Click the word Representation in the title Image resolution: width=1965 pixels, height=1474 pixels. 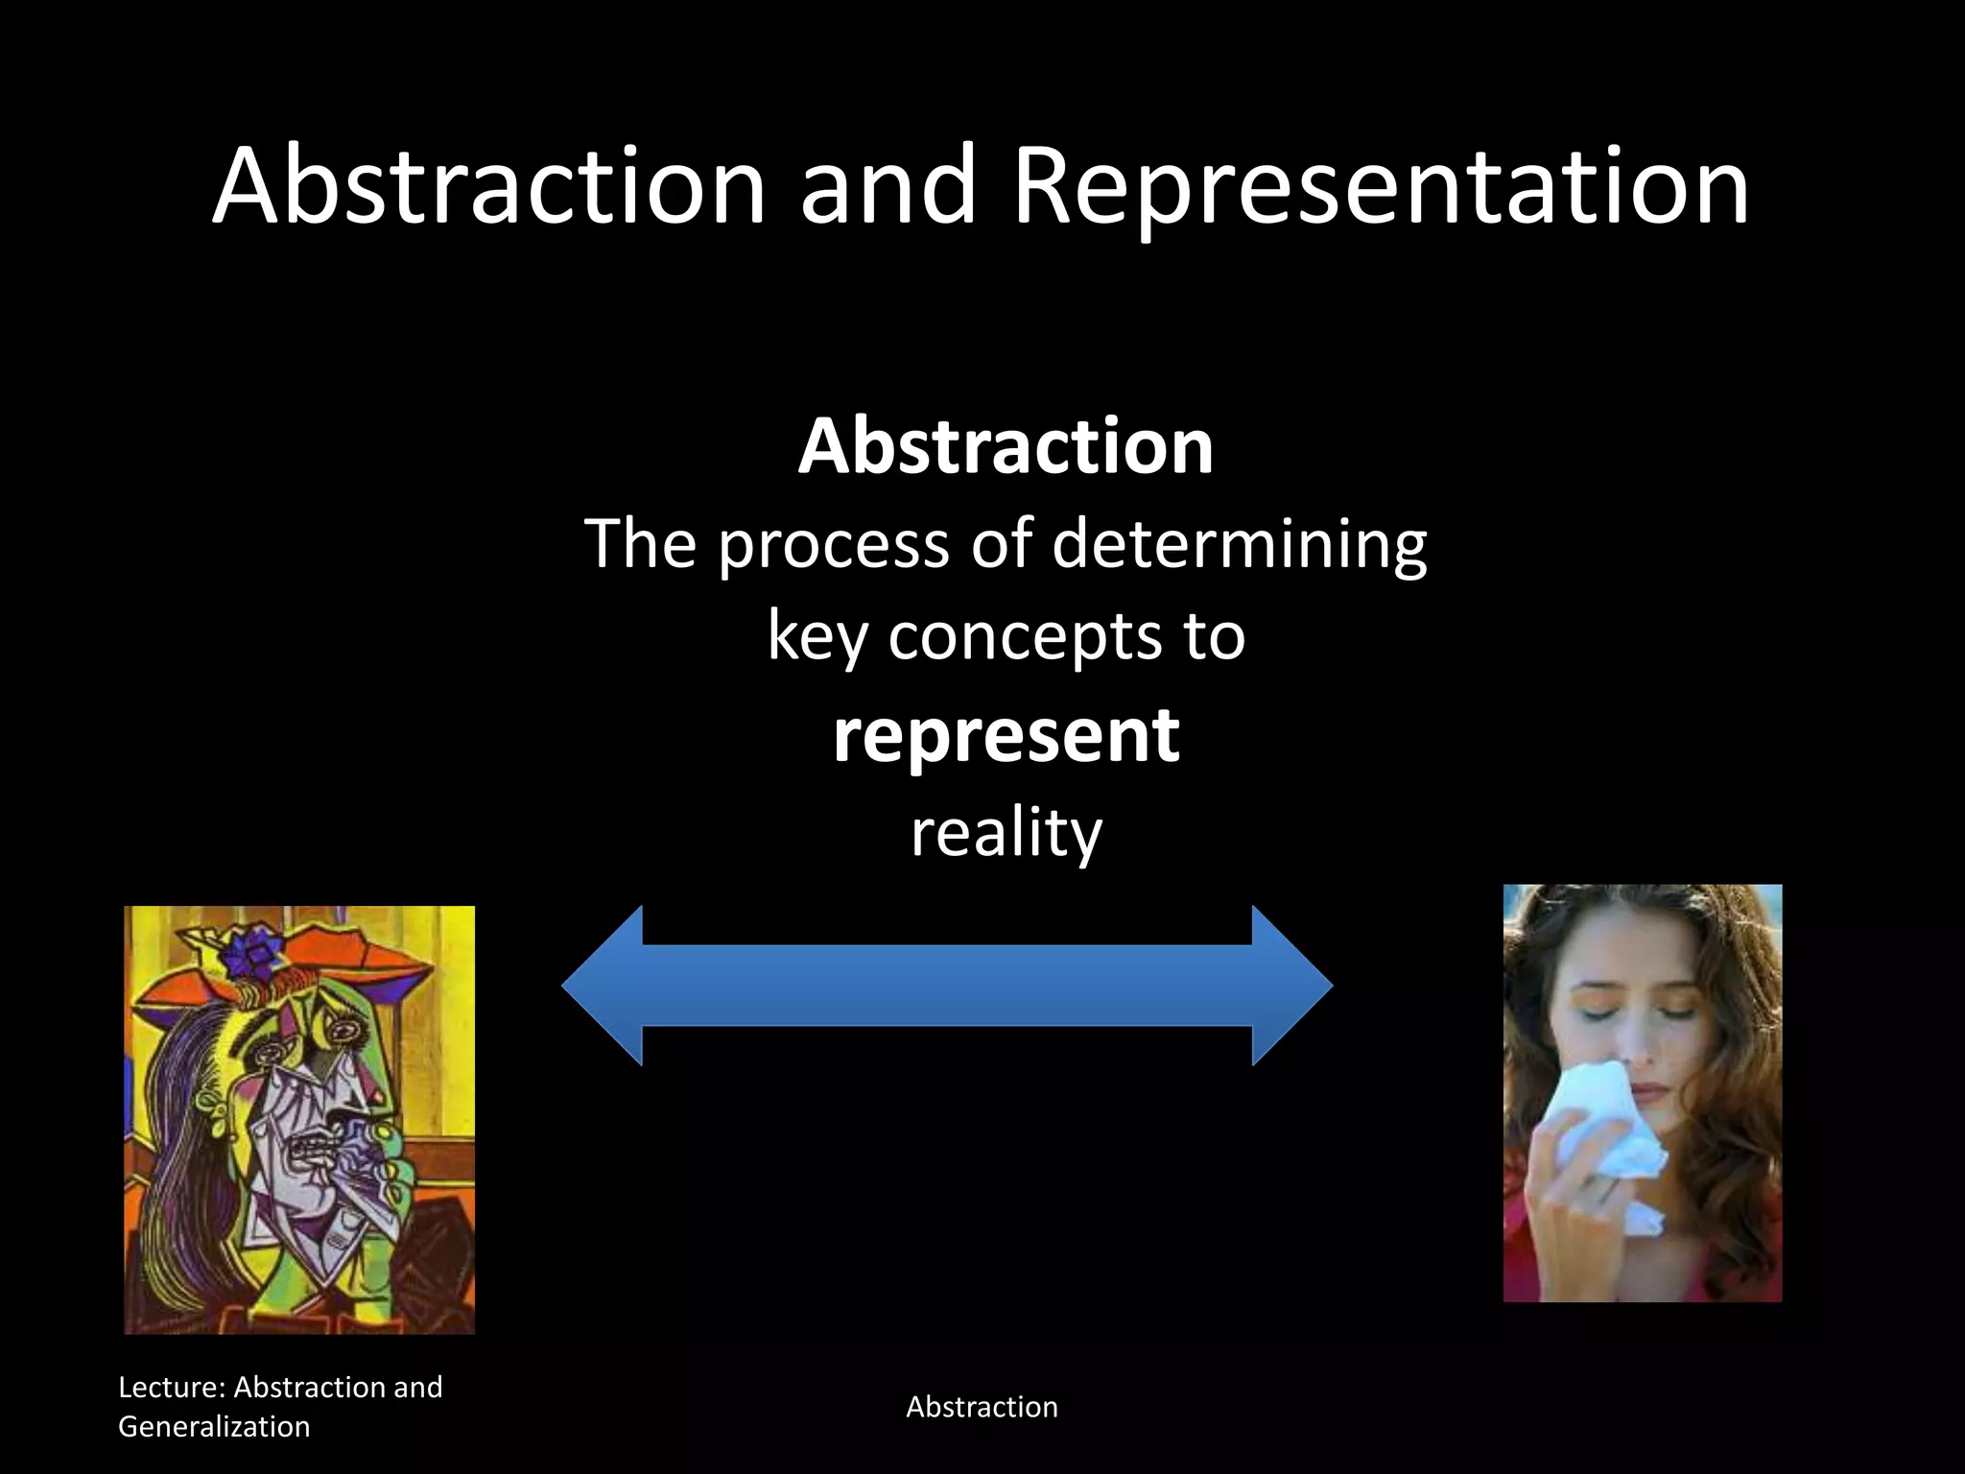pyautogui.click(x=1382, y=187)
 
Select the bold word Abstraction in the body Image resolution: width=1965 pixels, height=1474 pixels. pyautogui.click(x=1006, y=447)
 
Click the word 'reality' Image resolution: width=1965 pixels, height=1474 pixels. pyautogui.click(x=1006, y=833)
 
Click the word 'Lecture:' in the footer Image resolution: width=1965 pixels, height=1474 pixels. pyautogui.click(x=172, y=1388)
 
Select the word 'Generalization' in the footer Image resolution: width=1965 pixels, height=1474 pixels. pyautogui.click(x=214, y=1427)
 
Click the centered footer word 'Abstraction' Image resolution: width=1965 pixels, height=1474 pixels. pyautogui.click(x=982, y=1408)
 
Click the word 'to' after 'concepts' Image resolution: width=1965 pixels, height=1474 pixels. pyautogui.click(x=1214, y=638)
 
